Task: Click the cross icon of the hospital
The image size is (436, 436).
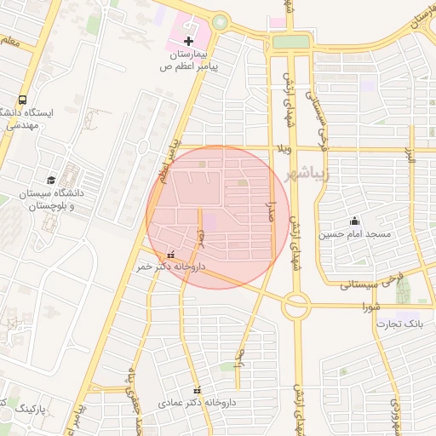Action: [189, 41]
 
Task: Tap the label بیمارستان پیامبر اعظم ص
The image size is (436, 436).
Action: [190, 60]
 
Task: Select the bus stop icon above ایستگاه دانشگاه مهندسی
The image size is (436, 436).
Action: [22, 99]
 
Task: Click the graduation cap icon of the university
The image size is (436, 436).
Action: [52, 181]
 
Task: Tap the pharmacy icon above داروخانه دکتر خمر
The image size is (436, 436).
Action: [172, 254]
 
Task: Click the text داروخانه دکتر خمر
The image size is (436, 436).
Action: [170, 267]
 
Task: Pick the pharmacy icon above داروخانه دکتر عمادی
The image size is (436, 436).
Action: [198, 389]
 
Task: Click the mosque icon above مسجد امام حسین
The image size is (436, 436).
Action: [355, 221]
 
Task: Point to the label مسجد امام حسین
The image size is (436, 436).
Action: [355, 233]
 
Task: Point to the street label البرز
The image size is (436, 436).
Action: [408, 157]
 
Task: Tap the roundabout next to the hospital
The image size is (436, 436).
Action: [221, 23]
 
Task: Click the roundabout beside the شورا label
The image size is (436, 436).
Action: [295, 304]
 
